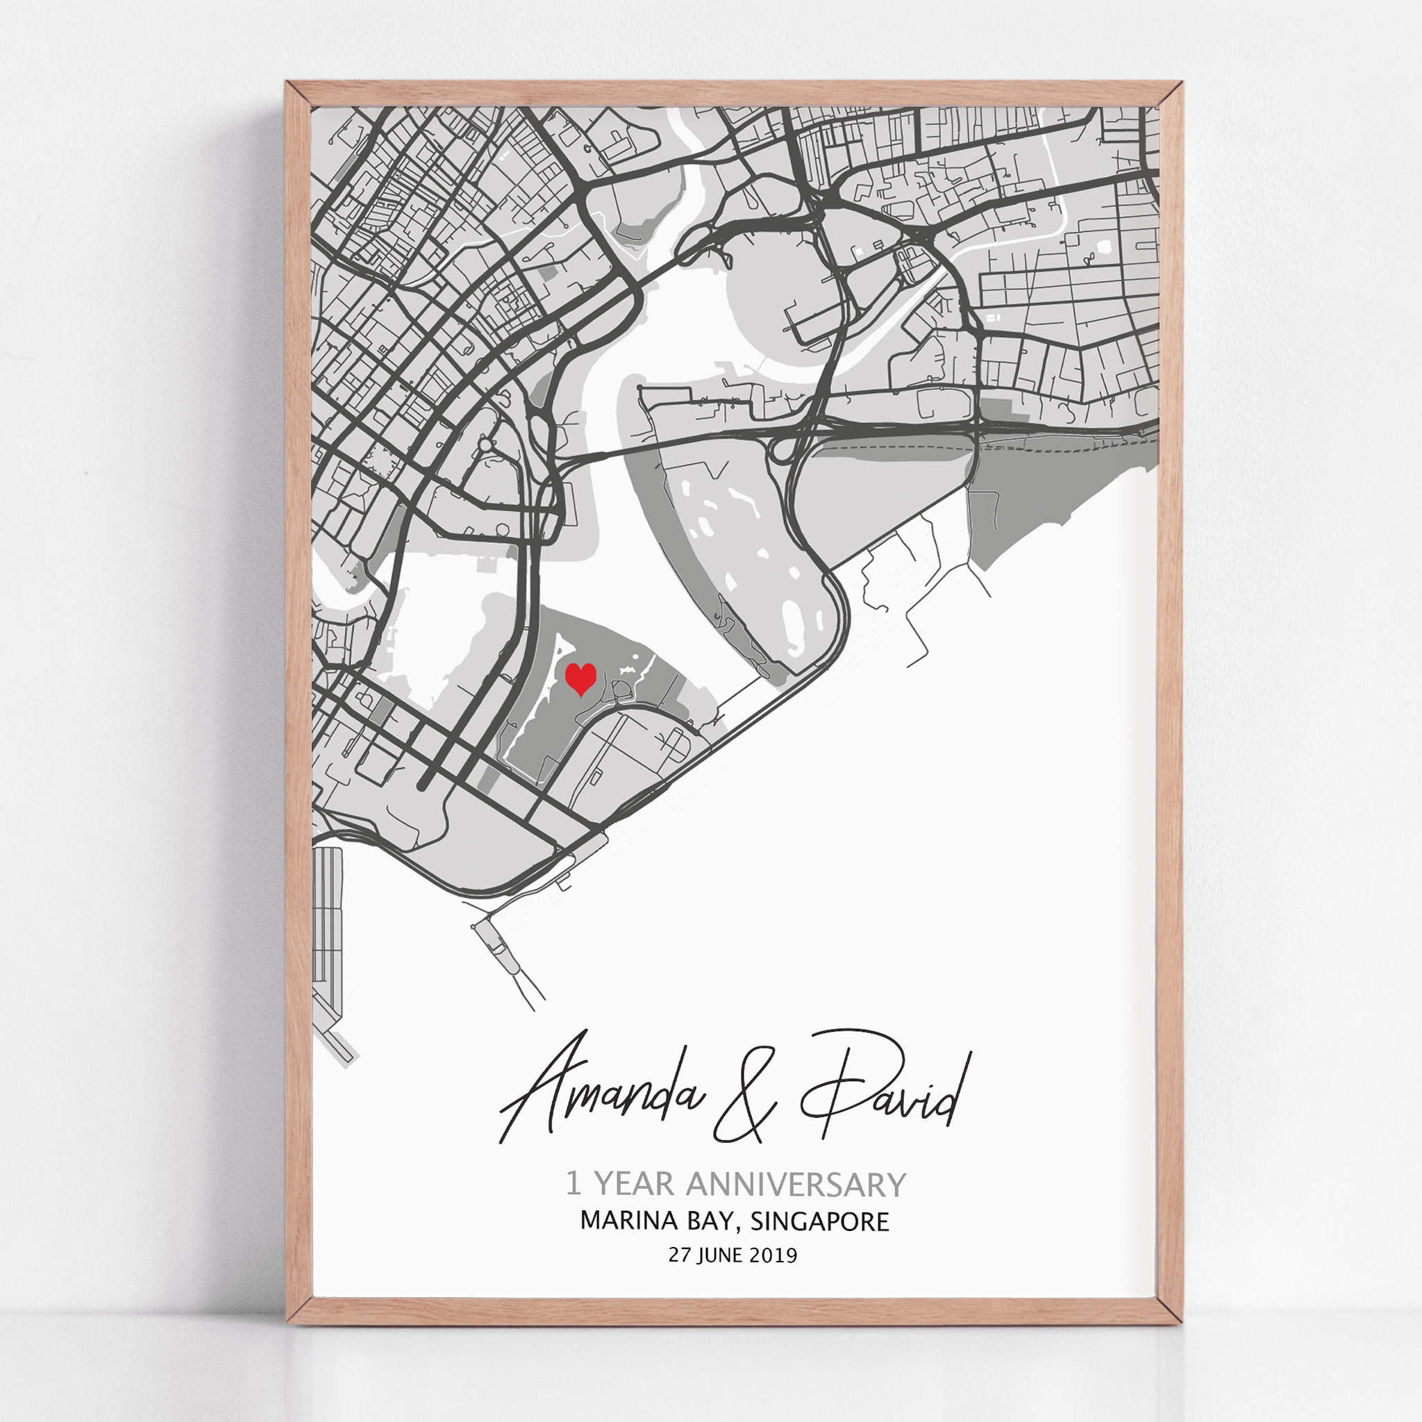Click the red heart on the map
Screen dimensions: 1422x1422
tap(580, 678)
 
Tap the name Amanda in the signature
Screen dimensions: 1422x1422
tap(600, 1087)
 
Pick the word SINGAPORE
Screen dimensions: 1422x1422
tap(819, 1222)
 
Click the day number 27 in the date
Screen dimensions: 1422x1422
tap(678, 1255)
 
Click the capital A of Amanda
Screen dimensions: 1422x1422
tap(544, 1082)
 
